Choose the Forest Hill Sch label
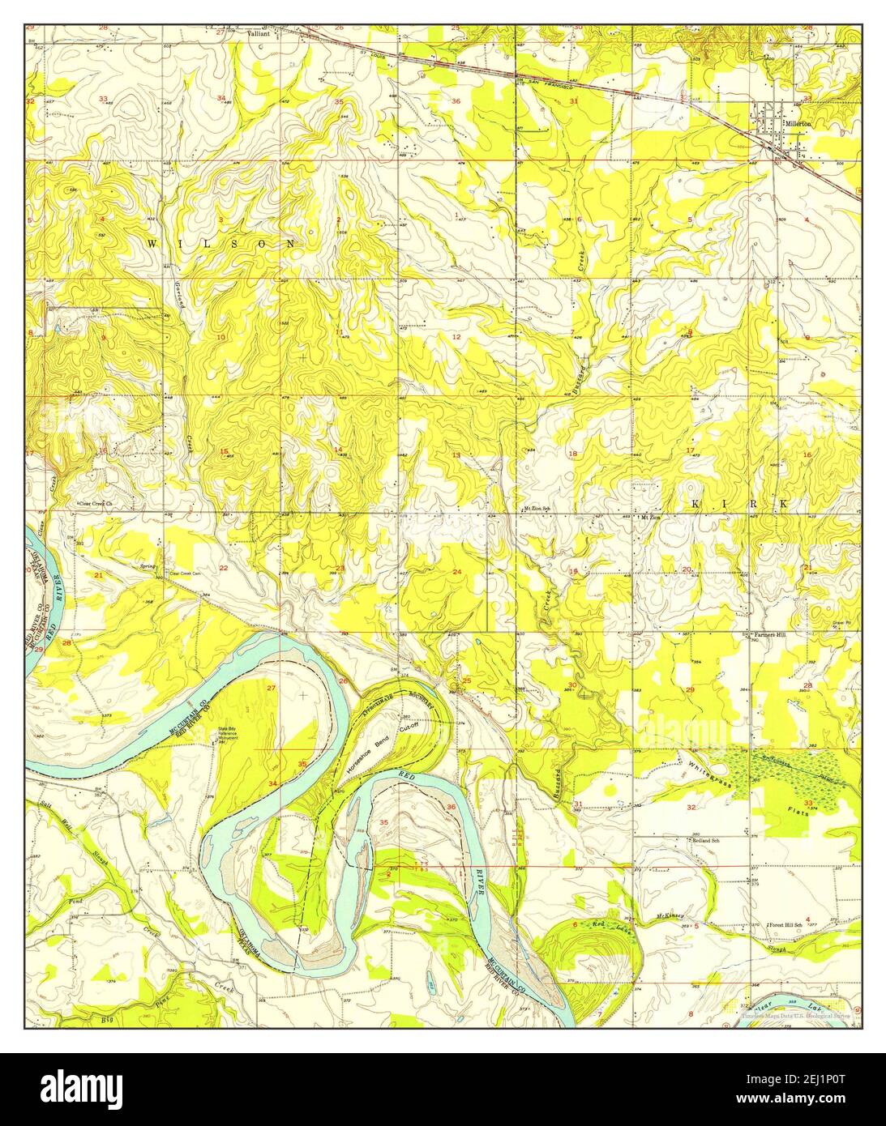(x=787, y=924)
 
